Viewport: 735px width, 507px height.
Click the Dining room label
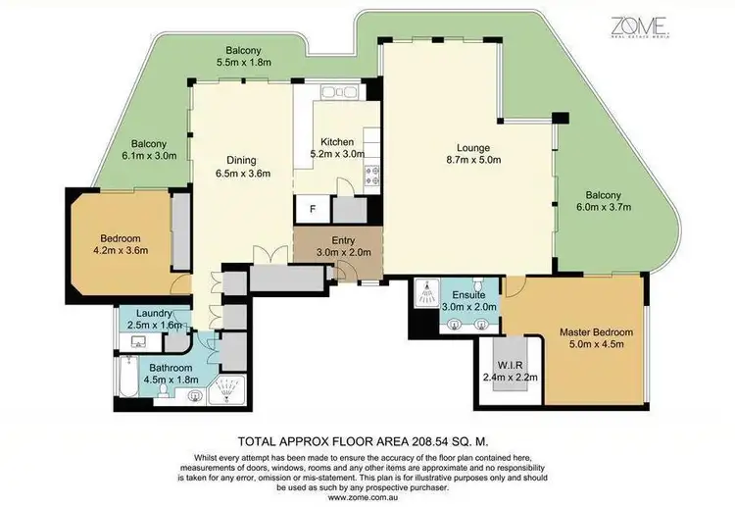tap(241, 167)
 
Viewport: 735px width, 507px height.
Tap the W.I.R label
tap(508, 369)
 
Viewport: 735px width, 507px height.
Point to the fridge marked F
tap(312, 209)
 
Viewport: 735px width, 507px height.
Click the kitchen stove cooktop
tap(372, 177)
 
